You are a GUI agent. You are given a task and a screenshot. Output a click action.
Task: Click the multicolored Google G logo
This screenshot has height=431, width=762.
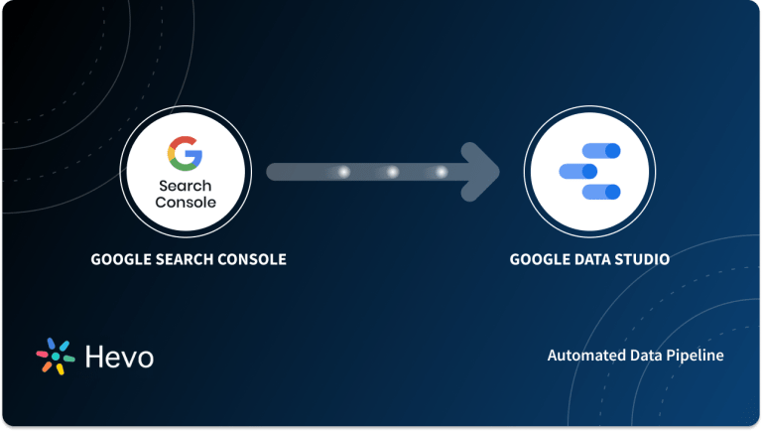(185, 154)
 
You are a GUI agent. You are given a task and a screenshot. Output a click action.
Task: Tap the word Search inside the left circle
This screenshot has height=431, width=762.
(185, 186)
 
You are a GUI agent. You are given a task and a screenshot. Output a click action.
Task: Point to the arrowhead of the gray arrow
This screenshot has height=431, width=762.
(484, 172)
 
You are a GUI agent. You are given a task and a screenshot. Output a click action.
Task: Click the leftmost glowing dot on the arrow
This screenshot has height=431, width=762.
(343, 172)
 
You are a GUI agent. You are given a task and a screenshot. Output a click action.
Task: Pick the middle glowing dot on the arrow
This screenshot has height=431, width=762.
(392, 172)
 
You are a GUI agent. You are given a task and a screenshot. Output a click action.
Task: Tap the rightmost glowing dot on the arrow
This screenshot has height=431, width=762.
(441, 172)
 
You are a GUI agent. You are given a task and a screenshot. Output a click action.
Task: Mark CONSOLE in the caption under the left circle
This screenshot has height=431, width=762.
(250, 260)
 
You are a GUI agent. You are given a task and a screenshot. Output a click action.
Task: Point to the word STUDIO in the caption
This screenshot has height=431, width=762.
(643, 260)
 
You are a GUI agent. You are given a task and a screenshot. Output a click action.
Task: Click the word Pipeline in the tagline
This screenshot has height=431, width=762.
(695, 355)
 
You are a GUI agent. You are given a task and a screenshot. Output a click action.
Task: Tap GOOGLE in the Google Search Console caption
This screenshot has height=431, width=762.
(118, 260)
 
